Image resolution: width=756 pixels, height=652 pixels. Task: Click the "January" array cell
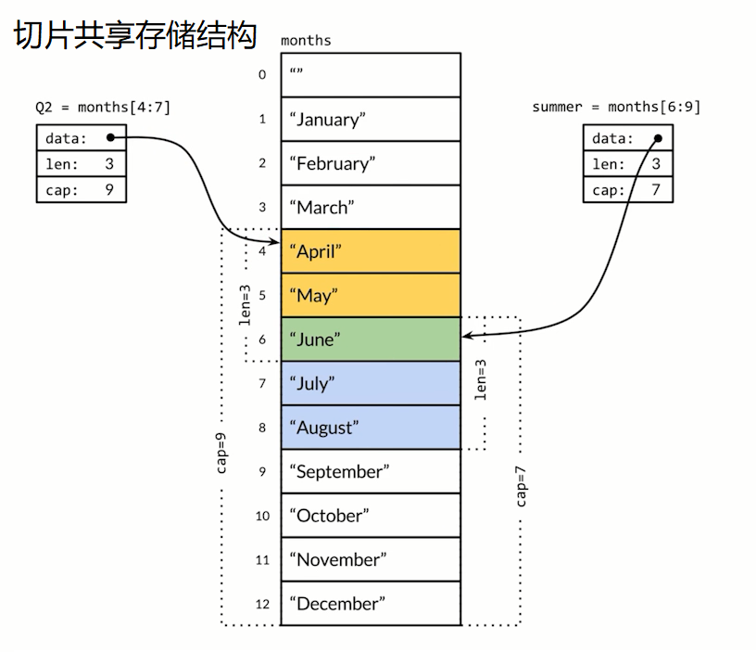(x=371, y=119)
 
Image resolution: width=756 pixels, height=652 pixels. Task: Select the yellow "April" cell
(x=371, y=250)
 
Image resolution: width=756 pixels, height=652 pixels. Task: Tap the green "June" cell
(x=371, y=339)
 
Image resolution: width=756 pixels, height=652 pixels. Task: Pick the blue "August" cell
(x=371, y=427)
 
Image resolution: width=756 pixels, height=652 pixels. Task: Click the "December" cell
(x=371, y=603)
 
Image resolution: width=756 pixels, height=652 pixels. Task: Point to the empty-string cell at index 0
(x=371, y=74)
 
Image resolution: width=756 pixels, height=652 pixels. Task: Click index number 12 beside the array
(x=262, y=604)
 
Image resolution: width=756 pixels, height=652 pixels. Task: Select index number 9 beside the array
(x=262, y=471)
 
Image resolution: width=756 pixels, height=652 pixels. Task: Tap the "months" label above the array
(x=306, y=40)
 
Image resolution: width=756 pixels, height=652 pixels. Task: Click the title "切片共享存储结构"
(x=134, y=35)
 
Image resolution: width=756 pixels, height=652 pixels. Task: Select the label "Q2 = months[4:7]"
(x=103, y=108)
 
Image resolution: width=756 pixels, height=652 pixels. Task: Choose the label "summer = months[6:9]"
(x=616, y=108)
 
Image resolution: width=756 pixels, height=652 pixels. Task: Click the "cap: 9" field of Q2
(x=82, y=189)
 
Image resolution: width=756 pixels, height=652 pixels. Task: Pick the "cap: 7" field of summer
(x=628, y=189)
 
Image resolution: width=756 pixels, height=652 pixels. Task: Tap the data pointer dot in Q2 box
(x=110, y=138)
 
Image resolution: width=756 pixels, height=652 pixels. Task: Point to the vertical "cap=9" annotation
(x=222, y=453)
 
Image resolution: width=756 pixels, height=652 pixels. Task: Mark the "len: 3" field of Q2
(x=82, y=164)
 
